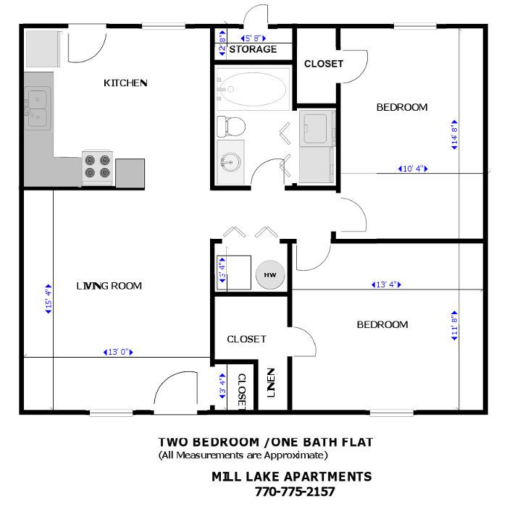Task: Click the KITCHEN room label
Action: [126, 83]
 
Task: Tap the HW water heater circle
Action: [270, 275]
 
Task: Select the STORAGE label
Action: [253, 49]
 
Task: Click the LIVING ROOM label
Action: [109, 286]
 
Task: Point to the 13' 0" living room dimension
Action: [118, 353]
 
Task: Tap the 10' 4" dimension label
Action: [412, 169]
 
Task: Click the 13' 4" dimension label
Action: [385, 284]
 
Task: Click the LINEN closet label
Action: [271, 384]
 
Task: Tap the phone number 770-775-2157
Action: [295, 492]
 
